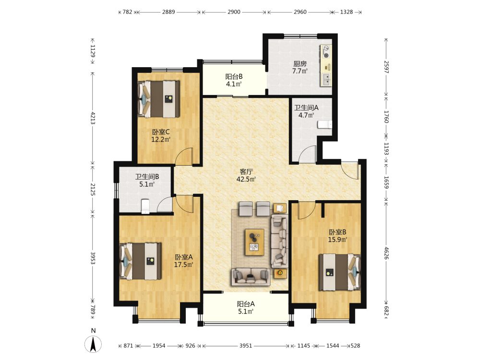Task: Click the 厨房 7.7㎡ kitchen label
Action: [300, 67]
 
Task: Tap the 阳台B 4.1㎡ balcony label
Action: [234, 80]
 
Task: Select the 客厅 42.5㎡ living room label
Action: [246, 175]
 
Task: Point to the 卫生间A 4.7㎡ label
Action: [306, 111]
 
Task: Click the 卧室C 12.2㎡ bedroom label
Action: [161, 136]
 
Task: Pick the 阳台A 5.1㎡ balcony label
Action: [245, 308]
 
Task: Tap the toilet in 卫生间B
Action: [145, 206]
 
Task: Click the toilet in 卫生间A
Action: [324, 125]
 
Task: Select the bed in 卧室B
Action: [340, 272]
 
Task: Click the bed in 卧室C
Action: [158, 99]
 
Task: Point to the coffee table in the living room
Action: [254, 242]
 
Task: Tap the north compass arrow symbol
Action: [94, 344]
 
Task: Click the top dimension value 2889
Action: [168, 12]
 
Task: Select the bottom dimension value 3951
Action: [245, 346]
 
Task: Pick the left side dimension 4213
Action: [93, 118]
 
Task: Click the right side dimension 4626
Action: [386, 253]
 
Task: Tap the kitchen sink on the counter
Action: [326, 79]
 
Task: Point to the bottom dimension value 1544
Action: [333, 346]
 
